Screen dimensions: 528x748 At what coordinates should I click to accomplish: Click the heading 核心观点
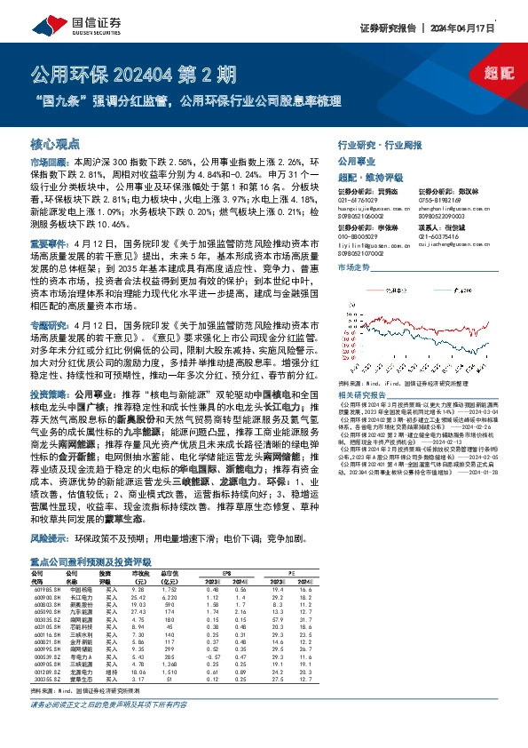tap(56, 142)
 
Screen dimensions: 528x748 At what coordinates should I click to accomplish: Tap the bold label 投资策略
tap(48, 392)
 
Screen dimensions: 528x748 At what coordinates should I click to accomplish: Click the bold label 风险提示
tap(48, 539)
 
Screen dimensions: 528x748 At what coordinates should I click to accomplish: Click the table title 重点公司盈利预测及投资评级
tap(89, 561)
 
